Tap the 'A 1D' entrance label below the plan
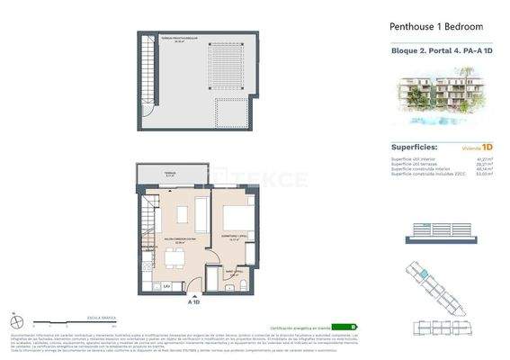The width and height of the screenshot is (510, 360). point(194,302)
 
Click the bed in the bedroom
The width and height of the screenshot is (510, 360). point(238,220)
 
